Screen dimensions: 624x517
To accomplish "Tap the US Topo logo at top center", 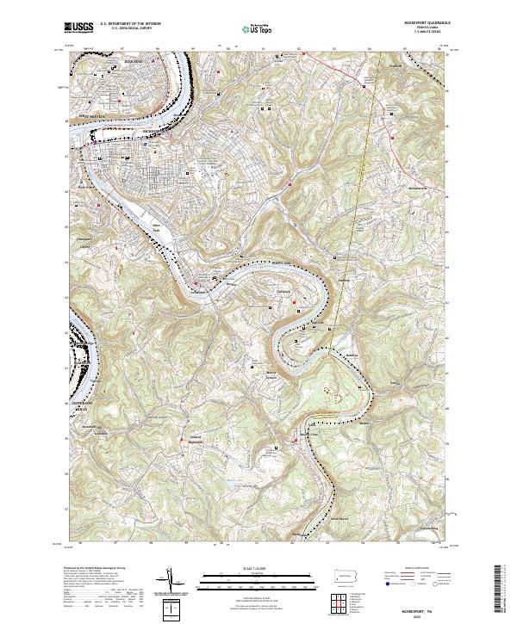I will (258, 29).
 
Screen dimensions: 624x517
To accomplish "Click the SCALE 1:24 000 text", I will (258, 569).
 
